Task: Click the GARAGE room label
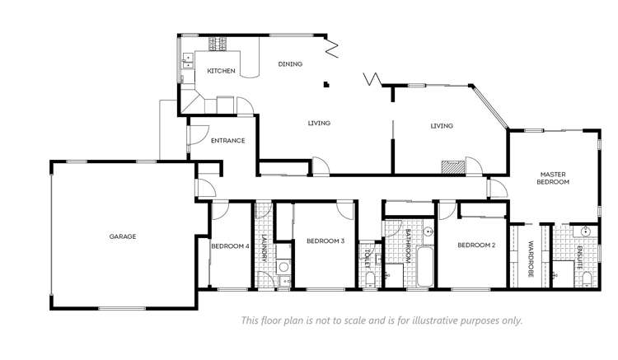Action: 122,236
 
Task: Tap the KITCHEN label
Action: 221,71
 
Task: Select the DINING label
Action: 290,64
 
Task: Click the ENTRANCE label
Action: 227,141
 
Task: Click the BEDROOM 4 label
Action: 230,245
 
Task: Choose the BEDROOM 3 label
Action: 325,241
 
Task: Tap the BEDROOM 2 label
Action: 475,245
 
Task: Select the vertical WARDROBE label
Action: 531,257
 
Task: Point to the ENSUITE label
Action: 580,258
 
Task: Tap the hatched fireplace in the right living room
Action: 452,166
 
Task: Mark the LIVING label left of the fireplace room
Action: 319,124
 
